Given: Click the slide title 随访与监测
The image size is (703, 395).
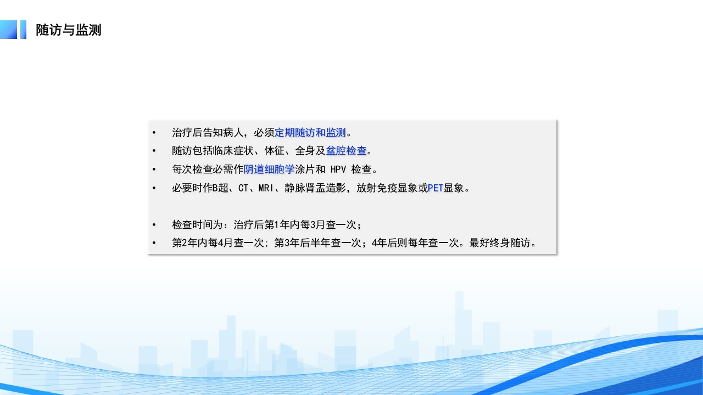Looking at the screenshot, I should (x=69, y=30).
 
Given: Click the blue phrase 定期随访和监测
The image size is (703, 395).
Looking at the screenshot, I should (x=310, y=133).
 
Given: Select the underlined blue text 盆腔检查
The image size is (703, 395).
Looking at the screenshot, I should (x=346, y=151).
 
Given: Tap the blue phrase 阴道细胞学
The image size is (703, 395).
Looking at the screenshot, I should (x=269, y=169).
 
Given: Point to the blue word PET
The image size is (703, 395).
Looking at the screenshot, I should (x=436, y=188).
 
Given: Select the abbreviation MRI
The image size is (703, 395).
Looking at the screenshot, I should (x=266, y=188).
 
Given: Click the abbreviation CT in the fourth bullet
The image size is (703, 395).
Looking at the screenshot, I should (x=243, y=188).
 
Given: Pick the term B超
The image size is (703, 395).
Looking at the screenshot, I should (x=220, y=188).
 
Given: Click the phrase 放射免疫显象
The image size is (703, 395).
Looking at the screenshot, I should (x=387, y=188).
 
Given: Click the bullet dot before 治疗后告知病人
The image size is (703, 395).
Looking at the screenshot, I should (x=154, y=133).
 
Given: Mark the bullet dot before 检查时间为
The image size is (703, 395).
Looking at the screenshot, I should (x=154, y=225).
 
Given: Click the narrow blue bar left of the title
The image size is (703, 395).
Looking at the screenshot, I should (x=23, y=30).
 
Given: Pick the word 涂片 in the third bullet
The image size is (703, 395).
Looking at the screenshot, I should (x=305, y=169).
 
